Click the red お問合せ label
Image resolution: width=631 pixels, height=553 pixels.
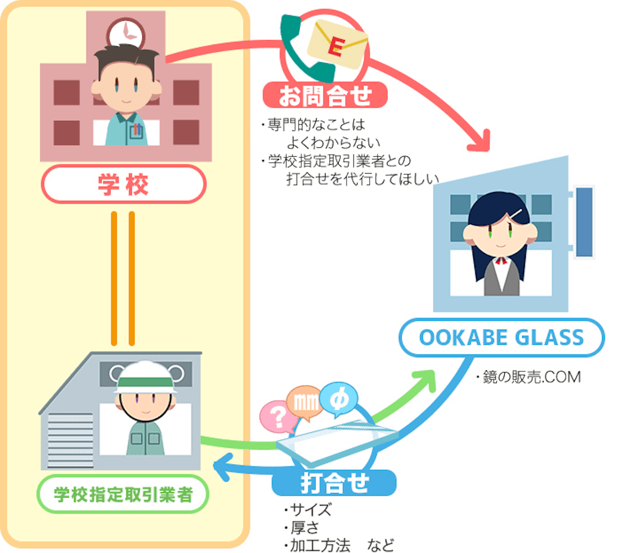(325, 96)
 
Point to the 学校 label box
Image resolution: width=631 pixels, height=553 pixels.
(124, 184)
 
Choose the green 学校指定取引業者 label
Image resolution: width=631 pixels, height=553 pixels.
(123, 494)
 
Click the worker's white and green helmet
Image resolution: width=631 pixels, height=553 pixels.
(146, 379)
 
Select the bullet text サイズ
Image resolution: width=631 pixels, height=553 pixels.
(310, 509)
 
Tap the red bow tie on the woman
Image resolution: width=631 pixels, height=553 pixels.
(501, 260)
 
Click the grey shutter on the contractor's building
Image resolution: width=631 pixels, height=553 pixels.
(70, 440)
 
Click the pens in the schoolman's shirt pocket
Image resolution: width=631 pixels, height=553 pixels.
(138, 130)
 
